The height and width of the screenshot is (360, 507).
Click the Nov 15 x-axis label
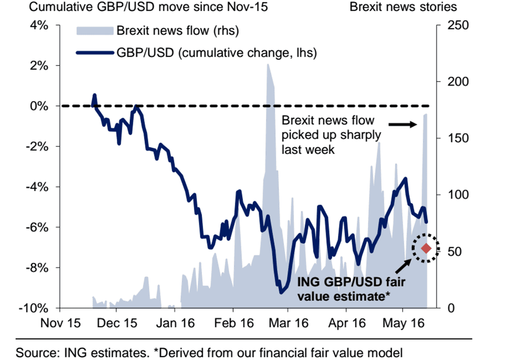(x=60, y=323)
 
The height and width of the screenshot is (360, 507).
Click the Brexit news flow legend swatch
(x=94, y=31)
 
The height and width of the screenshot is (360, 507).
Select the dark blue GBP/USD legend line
(x=94, y=52)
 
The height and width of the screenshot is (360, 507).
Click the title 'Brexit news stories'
(x=403, y=7)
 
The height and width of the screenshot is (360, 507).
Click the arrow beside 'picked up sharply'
(x=403, y=124)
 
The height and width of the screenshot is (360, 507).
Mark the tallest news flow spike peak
(x=268, y=65)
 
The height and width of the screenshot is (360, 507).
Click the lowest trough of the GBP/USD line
(x=280, y=292)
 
